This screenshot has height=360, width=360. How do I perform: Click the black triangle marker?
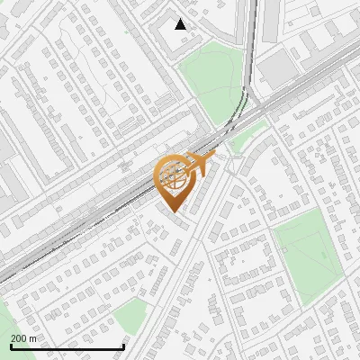coord(181,24)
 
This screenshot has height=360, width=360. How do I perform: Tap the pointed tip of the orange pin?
coord(173,212)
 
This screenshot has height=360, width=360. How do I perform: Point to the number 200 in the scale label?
coord(20,338)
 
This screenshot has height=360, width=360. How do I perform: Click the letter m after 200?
coord(34,338)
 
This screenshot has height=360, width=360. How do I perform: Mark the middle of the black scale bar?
coord(67,347)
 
